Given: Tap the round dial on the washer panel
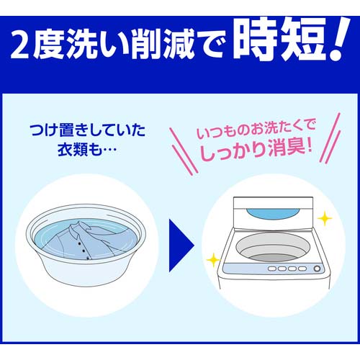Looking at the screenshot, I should [x=316, y=269].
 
